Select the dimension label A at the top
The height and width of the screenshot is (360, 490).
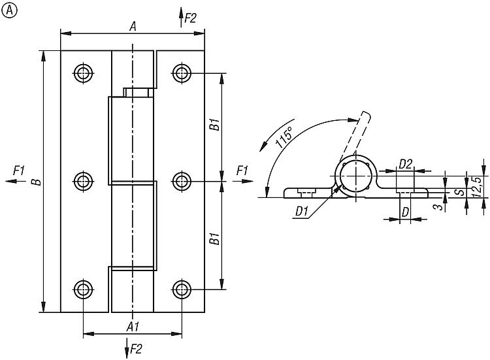(x=133, y=26)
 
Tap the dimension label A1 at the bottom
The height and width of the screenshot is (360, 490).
(x=132, y=325)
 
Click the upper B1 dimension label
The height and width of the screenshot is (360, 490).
(x=214, y=125)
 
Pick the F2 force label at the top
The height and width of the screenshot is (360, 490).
(x=190, y=18)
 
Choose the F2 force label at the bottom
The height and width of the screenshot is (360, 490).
(x=136, y=348)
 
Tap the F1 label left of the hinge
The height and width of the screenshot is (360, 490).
(x=18, y=171)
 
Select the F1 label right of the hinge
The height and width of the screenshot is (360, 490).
(x=242, y=171)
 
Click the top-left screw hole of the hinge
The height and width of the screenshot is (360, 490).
(x=83, y=73)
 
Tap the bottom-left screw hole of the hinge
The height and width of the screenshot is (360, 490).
(x=83, y=289)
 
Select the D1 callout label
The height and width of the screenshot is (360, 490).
(x=302, y=210)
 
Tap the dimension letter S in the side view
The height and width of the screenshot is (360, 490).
(x=459, y=192)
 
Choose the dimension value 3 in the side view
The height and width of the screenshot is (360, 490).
(x=436, y=206)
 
